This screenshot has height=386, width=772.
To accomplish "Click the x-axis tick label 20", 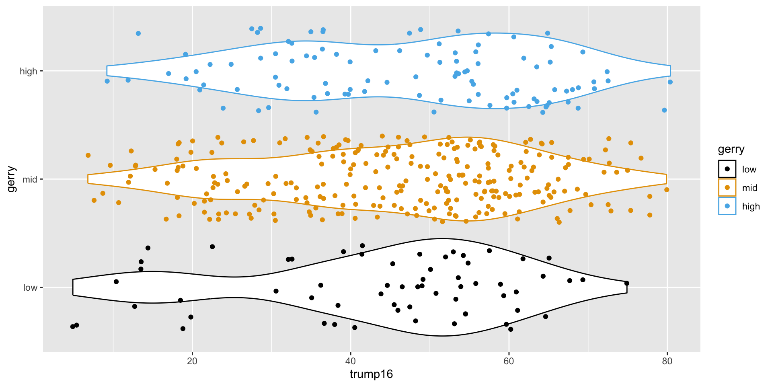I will coord(192,361).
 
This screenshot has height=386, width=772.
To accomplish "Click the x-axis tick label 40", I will coord(351,361).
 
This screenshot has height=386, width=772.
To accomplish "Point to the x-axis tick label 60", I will coord(509,361).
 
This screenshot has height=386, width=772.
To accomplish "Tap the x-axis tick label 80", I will coord(667,361).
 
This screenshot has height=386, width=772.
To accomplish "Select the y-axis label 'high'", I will coord(28,72).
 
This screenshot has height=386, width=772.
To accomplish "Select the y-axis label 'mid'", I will coord(30,179).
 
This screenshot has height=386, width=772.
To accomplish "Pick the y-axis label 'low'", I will coord(30,287).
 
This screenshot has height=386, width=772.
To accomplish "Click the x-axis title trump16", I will coord(371,374).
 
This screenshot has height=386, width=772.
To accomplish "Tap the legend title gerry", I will coord(731,150).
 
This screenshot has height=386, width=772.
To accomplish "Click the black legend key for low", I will coord(727,169).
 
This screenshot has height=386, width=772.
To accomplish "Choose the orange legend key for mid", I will coord(727,188).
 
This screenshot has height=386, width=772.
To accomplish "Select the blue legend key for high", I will coord(727,206).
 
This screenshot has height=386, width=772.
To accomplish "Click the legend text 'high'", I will coord(751,207).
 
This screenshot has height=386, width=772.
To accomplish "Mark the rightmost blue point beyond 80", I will coord(670,82).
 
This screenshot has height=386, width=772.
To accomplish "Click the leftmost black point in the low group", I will coord(73,326).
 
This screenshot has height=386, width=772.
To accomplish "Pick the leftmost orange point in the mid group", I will coord(88,155).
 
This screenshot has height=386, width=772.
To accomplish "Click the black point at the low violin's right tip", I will coord(626,283).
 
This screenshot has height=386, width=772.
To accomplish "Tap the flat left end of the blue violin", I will coord(107,71).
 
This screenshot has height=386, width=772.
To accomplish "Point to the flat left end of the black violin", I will coord(73,287).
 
